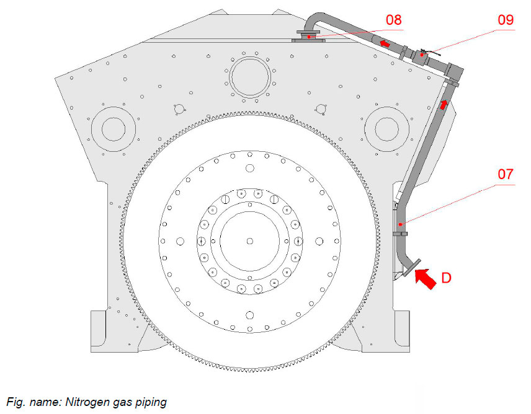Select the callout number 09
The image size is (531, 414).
pyautogui.click(x=506, y=20)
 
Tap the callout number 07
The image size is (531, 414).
pyautogui.click(x=506, y=175)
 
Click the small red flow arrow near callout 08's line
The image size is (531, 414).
pyautogui.click(x=385, y=43)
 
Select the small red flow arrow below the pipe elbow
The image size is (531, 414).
pyautogui.click(x=444, y=103)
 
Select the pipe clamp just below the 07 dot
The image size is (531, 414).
pyautogui.click(x=401, y=234)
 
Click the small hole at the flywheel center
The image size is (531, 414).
pyautogui.click(x=249, y=240)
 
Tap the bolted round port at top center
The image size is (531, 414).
pyautogui.click(x=250, y=77)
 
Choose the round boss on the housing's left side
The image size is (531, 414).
pyautogui.click(x=114, y=129)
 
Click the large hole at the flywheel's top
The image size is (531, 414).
pyautogui.click(x=249, y=168)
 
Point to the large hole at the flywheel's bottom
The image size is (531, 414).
pyautogui.click(x=249, y=314)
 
